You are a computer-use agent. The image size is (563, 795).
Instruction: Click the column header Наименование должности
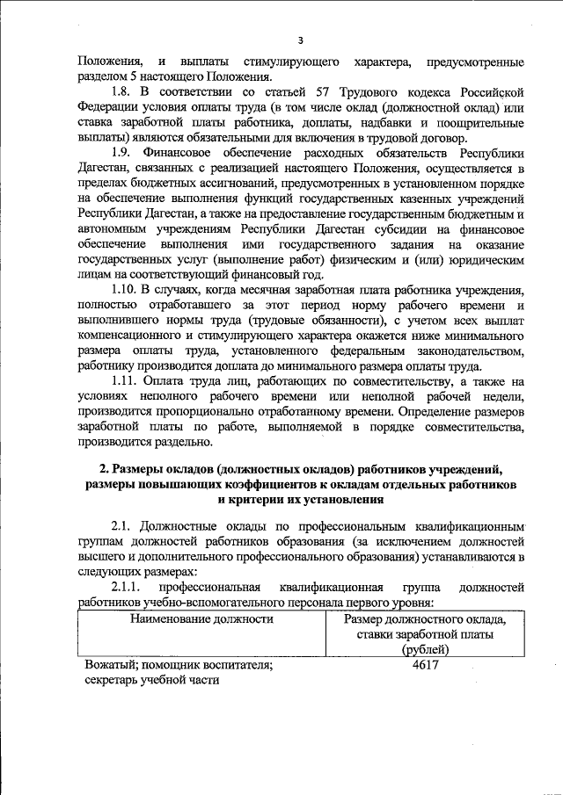tap(201, 618)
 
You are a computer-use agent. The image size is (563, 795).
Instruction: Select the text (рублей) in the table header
tap(425, 649)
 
